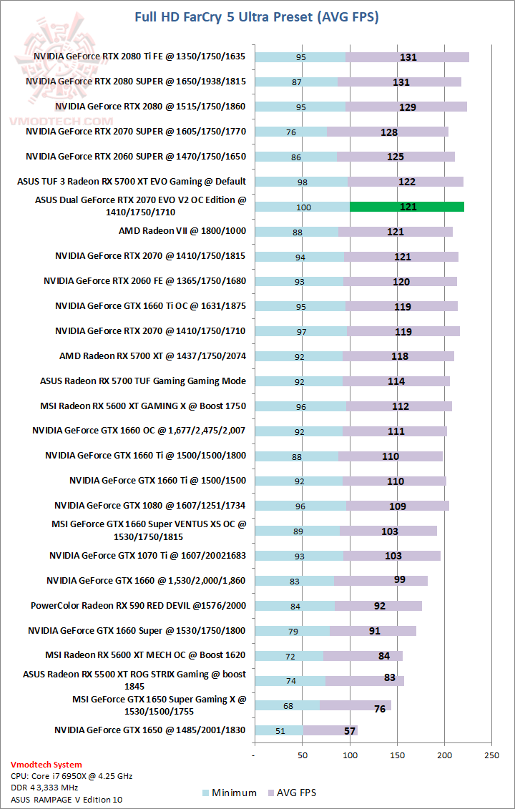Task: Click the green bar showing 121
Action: [x=407, y=207]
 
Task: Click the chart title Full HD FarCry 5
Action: [x=257, y=16]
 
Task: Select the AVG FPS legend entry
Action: [x=292, y=793]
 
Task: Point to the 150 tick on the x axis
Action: [x=397, y=755]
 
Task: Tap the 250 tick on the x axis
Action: [x=492, y=755]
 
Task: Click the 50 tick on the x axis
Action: [x=302, y=755]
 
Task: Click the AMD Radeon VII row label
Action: [x=182, y=231]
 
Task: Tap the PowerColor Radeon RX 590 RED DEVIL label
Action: [x=138, y=606]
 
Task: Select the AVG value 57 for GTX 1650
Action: [x=349, y=730]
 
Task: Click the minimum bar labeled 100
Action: [x=303, y=207]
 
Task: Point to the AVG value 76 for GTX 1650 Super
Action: [x=379, y=709]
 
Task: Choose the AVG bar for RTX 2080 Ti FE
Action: [x=408, y=57]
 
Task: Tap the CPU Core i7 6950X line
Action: [x=71, y=776]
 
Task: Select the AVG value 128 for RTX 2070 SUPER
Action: [x=389, y=132]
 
